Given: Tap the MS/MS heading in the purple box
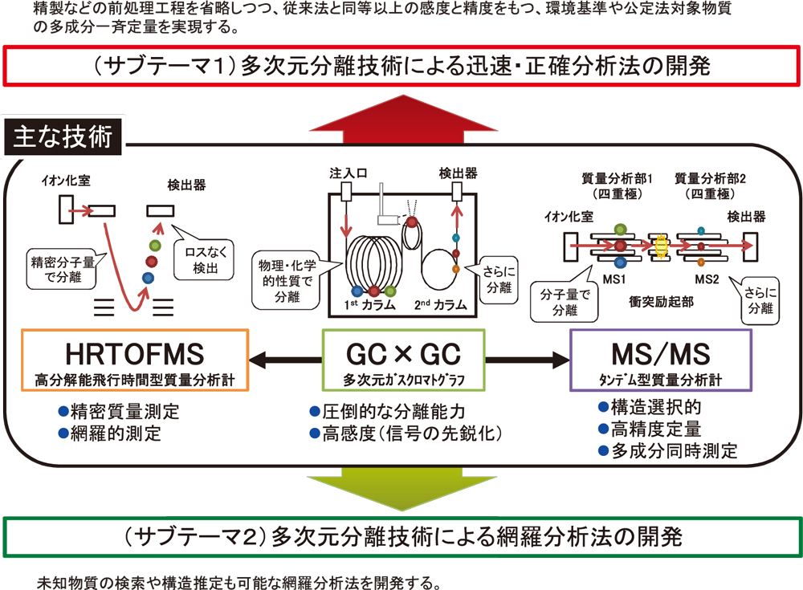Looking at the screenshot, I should coord(660,354).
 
